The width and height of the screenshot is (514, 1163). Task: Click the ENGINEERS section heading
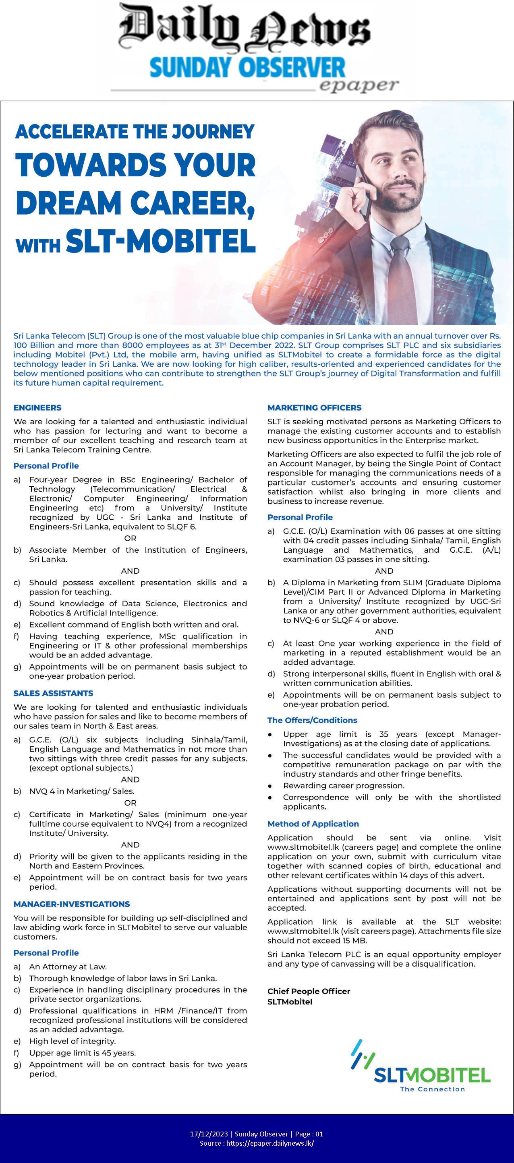[37, 408]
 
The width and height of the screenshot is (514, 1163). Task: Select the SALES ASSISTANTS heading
[53, 693]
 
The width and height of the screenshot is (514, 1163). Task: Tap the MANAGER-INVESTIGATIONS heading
[71, 904]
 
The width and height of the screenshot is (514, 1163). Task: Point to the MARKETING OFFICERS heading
[314, 408]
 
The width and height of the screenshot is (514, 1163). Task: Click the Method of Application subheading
[313, 824]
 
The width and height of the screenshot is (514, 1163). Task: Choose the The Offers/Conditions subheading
[312, 720]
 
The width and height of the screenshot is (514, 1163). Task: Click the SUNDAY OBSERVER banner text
[247, 68]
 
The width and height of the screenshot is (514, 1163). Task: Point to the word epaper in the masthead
[359, 85]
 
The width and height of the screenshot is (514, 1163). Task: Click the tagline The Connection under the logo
[432, 1089]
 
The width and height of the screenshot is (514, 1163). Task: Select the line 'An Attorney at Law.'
[68, 967]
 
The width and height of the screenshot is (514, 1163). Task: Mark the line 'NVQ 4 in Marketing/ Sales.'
[82, 791]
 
